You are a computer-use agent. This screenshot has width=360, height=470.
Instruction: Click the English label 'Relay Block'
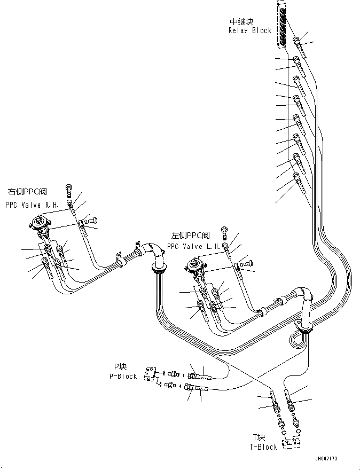(249, 30)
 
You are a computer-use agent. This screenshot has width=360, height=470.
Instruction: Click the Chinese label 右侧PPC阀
(27, 191)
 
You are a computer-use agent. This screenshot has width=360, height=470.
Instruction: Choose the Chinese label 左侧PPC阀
(190, 235)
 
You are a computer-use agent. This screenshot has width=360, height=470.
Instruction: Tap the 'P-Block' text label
(124, 376)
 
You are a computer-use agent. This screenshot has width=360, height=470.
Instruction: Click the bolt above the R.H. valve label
(69, 189)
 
